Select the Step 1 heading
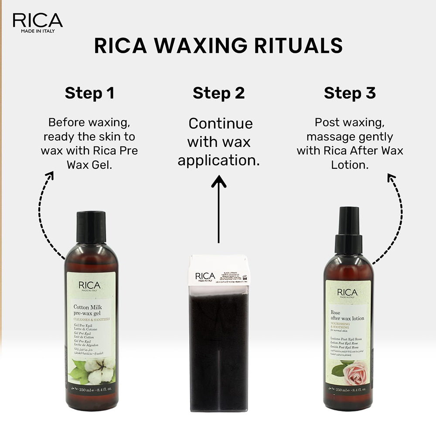point(89,93)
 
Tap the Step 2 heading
point(218,93)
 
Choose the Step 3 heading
point(350,93)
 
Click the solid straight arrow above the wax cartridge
point(218,209)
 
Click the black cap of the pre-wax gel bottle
point(91,227)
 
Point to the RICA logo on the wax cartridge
point(205,277)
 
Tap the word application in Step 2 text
point(218,160)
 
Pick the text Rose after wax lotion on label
point(347,316)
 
